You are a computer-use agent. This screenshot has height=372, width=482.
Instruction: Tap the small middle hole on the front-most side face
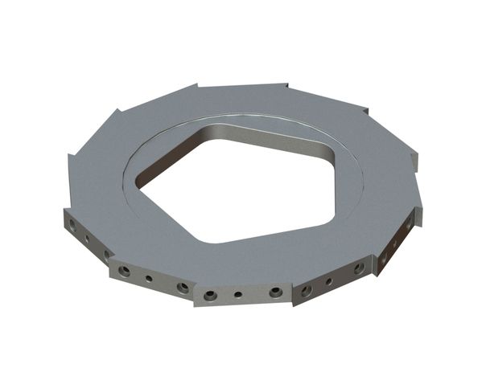point(238,295)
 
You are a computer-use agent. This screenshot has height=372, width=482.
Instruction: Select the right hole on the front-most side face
point(275,292)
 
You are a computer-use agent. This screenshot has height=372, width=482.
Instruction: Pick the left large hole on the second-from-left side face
point(124,272)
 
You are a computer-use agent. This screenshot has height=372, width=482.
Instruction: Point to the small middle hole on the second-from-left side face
point(149,280)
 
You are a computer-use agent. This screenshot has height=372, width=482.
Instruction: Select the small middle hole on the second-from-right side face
point(328,281)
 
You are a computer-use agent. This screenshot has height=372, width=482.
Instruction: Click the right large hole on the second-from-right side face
point(357,269)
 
